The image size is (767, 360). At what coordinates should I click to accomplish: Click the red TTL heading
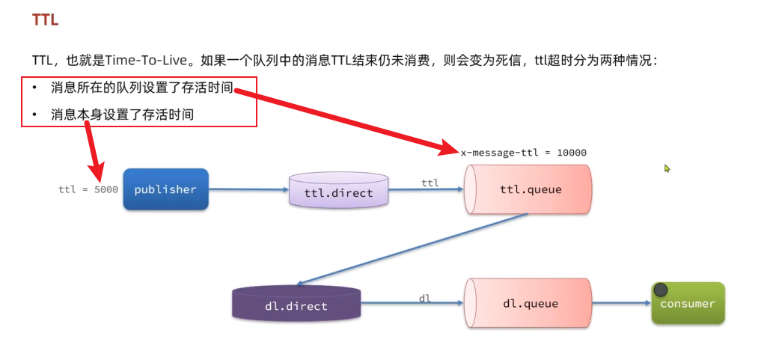pyautogui.click(x=45, y=20)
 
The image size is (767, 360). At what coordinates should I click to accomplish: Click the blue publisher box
pyautogui.click(x=165, y=189)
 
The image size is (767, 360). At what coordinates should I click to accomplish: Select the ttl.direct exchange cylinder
pyautogui.click(x=338, y=192)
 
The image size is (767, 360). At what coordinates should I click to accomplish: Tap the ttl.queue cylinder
pyautogui.click(x=528, y=189)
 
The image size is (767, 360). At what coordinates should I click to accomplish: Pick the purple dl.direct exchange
pyautogui.click(x=296, y=305)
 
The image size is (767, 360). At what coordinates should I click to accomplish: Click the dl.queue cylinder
pyautogui.click(x=528, y=304)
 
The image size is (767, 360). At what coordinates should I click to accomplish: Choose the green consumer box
pyautogui.click(x=688, y=303)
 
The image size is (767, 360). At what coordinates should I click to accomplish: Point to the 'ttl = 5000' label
pyautogui.click(x=88, y=189)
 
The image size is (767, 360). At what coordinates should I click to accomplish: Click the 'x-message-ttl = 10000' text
pyautogui.click(x=524, y=152)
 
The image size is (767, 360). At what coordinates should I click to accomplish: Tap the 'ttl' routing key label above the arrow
pyautogui.click(x=430, y=182)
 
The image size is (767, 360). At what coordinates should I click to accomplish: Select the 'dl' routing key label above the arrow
pyautogui.click(x=424, y=298)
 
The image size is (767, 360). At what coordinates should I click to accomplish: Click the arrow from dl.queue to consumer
pyautogui.click(x=620, y=303)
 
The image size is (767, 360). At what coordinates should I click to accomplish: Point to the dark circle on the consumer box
pyautogui.click(x=661, y=290)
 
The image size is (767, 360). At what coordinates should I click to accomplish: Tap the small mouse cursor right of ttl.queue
pyautogui.click(x=667, y=169)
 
